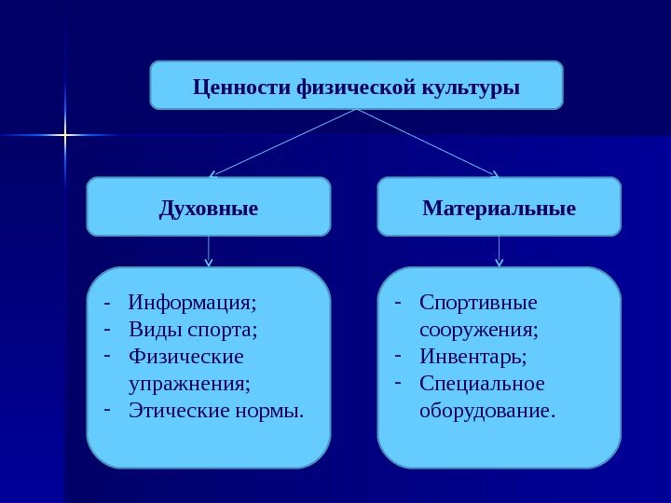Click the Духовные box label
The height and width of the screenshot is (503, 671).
tap(209, 208)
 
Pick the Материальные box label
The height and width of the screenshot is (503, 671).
tap(500, 208)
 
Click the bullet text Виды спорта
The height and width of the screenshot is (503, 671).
tap(194, 330)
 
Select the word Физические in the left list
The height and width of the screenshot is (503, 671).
tap(186, 357)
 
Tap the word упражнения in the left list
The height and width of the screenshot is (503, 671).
tap(191, 383)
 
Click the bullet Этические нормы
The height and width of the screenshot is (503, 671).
tap(217, 410)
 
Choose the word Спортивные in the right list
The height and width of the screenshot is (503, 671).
tap(479, 303)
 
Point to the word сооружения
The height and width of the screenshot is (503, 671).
tap(479, 330)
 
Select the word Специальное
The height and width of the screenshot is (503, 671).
tap(482, 383)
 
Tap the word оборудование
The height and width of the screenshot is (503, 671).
tap(487, 410)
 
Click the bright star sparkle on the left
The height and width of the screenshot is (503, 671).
tap(65, 136)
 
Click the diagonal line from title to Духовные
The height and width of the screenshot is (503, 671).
tap(283, 143)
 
